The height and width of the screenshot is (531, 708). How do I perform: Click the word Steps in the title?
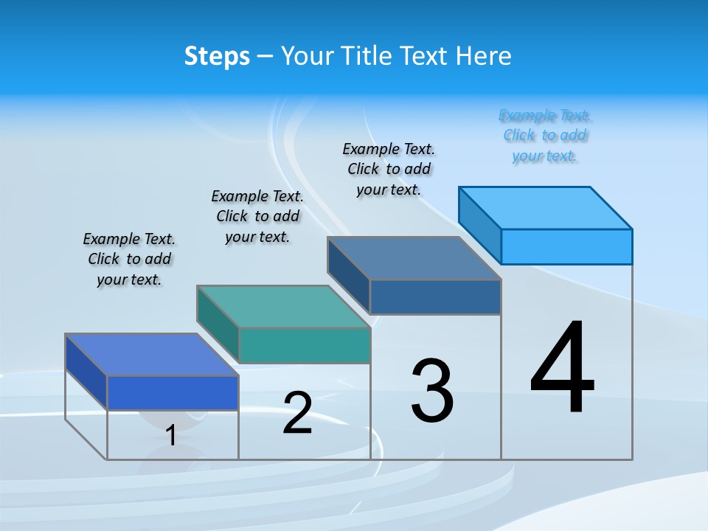coord(217,56)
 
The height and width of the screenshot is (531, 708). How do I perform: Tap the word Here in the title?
coord(483,56)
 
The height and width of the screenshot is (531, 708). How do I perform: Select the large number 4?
coord(562,369)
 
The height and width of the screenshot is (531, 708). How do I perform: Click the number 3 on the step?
coord(432,391)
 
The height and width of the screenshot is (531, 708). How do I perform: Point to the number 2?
coord(297,413)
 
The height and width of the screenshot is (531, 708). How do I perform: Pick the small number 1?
coord(171,435)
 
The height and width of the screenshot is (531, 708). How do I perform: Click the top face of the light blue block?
coord(546,207)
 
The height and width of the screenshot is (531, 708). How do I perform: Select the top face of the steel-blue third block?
coord(414,258)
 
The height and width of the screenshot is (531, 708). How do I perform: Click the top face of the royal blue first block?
coord(152,354)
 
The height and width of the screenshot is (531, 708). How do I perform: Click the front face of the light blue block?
coord(566,246)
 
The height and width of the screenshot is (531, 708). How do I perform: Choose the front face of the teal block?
coord(305,345)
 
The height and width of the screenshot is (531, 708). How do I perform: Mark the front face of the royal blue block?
coord(173,392)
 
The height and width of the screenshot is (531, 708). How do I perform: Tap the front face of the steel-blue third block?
coord(435,296)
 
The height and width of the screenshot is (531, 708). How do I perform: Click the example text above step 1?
coord(129,259)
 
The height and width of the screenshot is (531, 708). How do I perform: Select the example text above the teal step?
coord(257,216)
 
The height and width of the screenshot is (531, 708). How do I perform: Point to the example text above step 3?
coord(389,169)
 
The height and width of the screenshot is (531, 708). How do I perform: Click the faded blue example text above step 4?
coord(545,136)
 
